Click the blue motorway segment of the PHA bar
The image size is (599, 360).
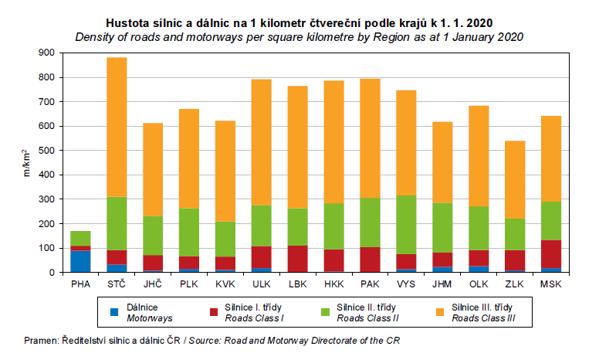[x=80, y=261]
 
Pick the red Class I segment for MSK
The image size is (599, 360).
[x=551, y=254]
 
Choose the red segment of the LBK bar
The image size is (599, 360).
[x=298, y=259]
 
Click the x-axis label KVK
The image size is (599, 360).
[x=225, y=284]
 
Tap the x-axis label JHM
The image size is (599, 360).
[x=442, y=284]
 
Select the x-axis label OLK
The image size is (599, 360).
[x=479, y=284]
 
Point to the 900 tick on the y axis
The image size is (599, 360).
[x=48, y=53]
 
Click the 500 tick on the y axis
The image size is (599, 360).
[x=48, y=151]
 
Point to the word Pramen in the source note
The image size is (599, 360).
[x=40, y=341]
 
